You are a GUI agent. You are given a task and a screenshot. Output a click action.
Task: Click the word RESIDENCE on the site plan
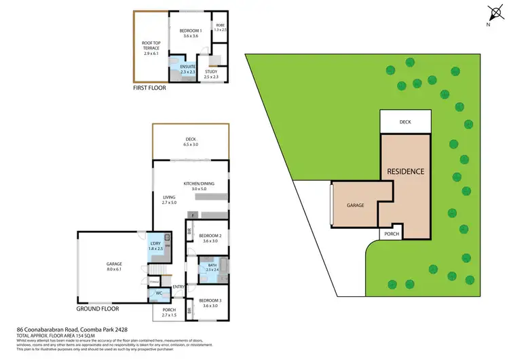tap(406, 171)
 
